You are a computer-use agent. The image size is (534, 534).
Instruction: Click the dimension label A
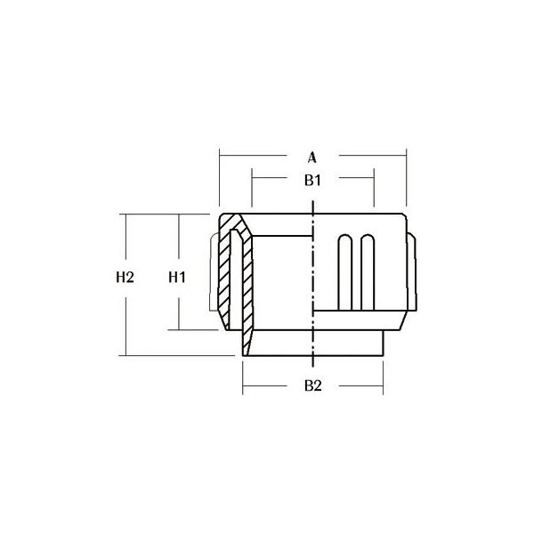312,158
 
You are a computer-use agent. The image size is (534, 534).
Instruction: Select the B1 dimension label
312,181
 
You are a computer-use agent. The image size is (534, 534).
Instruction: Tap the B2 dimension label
313,386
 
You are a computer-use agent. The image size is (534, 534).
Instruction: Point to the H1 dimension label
177,278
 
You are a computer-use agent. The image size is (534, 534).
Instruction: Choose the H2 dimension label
125,277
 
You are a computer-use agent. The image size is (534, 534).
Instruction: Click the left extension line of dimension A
220,177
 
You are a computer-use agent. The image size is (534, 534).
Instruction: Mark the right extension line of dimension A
407,177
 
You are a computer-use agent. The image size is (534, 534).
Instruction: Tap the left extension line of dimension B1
252,187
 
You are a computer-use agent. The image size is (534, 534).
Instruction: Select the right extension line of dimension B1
374,187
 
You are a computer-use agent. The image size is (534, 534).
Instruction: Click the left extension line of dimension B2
242,378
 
